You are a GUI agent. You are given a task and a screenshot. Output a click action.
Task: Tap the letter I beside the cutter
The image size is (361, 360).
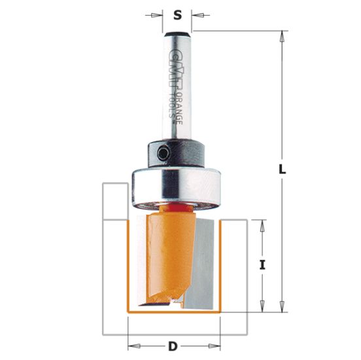[x=262, y=265]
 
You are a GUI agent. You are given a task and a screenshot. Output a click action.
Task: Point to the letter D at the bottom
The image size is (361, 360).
[x=173, y=346]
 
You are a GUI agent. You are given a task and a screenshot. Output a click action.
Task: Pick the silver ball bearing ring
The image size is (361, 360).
[x=177, y=186]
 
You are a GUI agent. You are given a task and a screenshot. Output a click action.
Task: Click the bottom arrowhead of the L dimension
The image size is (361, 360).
[x=283, y=308]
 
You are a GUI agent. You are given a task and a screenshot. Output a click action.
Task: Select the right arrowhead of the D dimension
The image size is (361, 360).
[x=220, y=345]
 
